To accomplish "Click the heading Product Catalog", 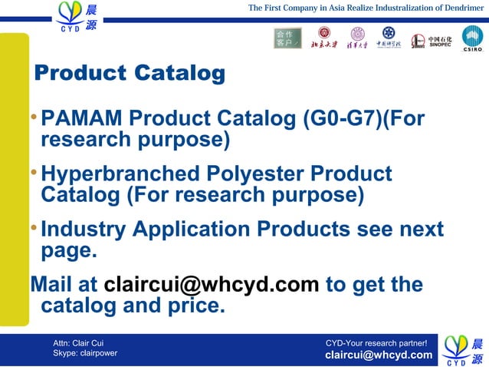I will pos(130,74).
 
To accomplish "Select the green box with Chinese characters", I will pos(287,38).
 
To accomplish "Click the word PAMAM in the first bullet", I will pos(82,120).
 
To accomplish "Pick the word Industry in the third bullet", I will pos(84,230).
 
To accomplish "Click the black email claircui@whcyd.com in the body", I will pos(211,285).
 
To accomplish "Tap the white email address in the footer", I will pos(379,355).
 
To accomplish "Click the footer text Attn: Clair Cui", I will pos(78,341).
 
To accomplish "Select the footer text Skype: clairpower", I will pos(85,353).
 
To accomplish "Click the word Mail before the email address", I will pos(53,285).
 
